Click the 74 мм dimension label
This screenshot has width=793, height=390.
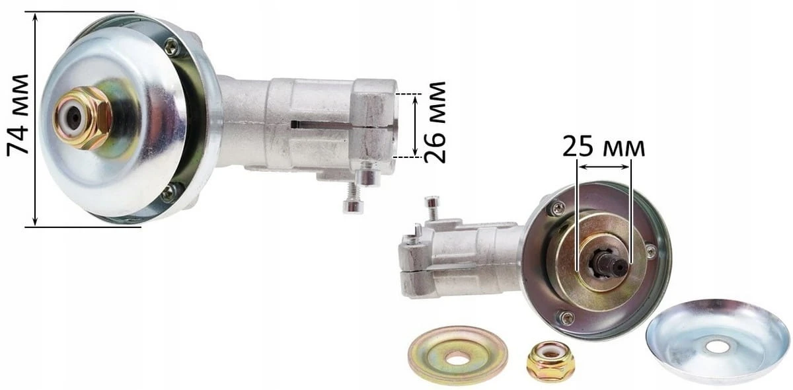(x=18, y=116)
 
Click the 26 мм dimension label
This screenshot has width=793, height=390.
(x=434, y=122)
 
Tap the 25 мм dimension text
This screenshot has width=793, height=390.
(x=603, y=147)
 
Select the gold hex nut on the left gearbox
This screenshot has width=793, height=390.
(x=83, y=118)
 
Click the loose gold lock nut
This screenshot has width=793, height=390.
(x=550, y=362)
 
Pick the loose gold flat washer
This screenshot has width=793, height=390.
(x=458, y=355)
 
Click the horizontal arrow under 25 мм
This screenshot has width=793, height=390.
(x=604, y=167)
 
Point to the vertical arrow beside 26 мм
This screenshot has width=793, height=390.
(x=416, y=125)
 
